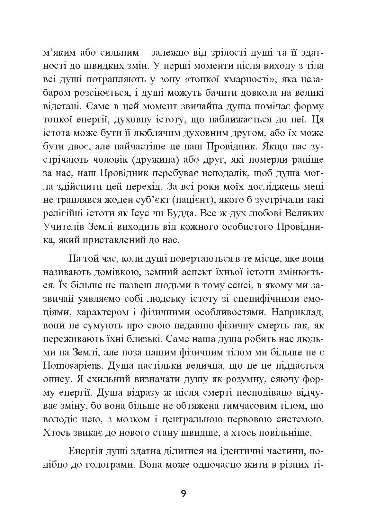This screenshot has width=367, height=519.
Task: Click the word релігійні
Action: click(62, 213)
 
